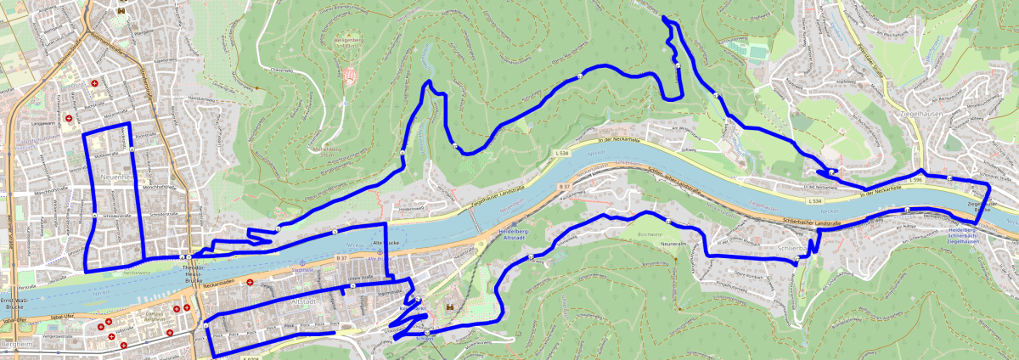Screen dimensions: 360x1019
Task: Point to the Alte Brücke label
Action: point(386,243)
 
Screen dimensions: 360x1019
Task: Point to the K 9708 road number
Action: point(250,357)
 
